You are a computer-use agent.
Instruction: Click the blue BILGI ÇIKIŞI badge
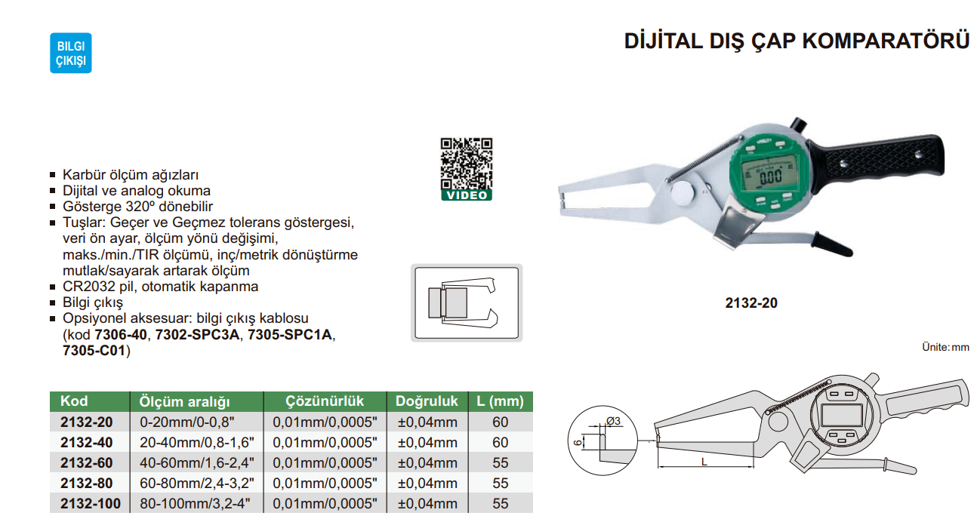pos(71,53)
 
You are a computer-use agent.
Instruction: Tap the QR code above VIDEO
pos(467,164)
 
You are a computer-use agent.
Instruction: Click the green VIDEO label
pos(467,195)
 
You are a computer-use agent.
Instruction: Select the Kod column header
pos(74,401)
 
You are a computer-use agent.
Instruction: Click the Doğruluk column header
pos(427,401)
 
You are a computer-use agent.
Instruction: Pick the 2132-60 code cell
pos(86,462)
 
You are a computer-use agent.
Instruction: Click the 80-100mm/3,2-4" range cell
pos(195,503)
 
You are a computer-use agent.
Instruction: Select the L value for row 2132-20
pos(501,422)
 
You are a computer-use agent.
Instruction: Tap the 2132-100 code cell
pos(91,503)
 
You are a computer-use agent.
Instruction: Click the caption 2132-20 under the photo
pos(751,302)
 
